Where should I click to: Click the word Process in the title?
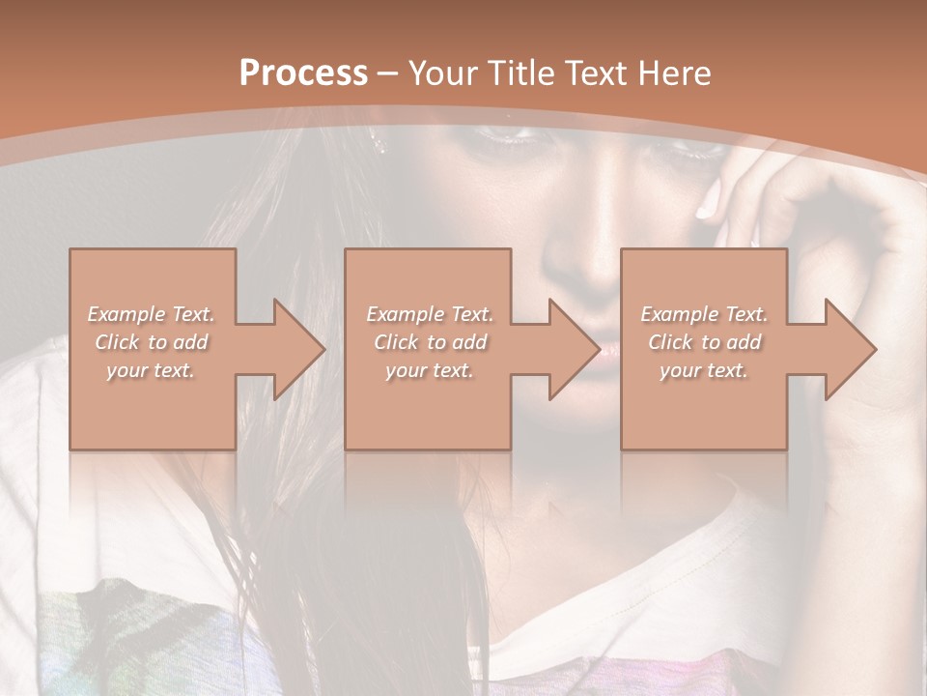coord(303,73)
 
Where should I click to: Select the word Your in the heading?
coord(443,73)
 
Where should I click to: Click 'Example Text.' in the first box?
coord(151,314)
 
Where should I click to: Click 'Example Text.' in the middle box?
coord(429,314)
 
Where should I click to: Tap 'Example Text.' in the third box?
coord(704,314)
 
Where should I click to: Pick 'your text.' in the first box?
coord(151,370)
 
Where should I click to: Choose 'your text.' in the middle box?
coord(429,370)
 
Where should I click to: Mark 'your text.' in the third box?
coord(704,370)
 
